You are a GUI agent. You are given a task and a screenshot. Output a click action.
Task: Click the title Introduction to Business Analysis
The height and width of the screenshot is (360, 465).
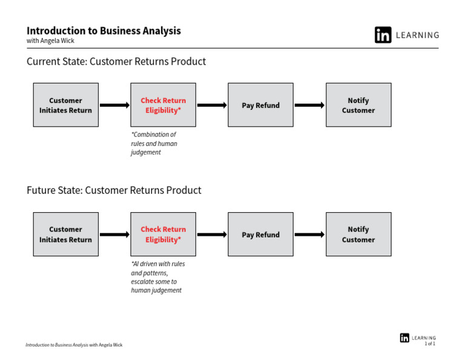click(x=104, y=31)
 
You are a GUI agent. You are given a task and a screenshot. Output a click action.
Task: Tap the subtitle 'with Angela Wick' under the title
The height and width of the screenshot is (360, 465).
click(x=50, y=41)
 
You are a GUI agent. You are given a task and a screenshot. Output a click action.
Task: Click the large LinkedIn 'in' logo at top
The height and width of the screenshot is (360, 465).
click(x=383, y=35)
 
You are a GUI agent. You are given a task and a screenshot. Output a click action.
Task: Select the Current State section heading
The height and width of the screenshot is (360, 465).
click(x=116, y=61)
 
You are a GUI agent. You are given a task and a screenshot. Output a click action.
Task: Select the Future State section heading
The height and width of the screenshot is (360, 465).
click(x=114, y=190)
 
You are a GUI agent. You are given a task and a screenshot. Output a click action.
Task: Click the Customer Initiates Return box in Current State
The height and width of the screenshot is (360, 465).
click(x=66, y=105)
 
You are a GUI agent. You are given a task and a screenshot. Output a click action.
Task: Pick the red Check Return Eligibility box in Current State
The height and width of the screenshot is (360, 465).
click(x=163, y=105)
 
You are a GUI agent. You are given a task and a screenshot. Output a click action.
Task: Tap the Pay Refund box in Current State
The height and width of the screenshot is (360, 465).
click(x=261, y=105)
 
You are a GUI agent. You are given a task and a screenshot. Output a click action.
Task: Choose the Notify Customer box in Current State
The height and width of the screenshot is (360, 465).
click(x=358, y=105)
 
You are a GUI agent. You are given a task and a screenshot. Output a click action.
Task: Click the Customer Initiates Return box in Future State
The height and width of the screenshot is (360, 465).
click(x=66, y=235)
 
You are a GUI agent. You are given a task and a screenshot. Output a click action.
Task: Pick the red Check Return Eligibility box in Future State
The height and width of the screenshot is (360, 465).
click(x=163, y=235)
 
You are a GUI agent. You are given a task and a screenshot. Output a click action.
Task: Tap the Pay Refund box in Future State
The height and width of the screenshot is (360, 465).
click(x=261, y=235)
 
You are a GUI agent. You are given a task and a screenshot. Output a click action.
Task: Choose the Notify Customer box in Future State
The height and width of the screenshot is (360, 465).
click(x=358, y=235)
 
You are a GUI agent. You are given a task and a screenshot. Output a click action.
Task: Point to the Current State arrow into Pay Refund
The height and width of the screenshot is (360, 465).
click(x=212, y=105)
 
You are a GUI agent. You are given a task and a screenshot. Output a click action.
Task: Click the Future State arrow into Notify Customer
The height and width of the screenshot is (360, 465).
click(x=309, y=235)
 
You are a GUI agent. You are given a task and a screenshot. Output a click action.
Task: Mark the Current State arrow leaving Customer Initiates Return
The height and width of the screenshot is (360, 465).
click(x=115, y=105)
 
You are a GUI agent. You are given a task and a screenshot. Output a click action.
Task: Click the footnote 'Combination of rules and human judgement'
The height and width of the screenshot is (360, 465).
click(x=154, y=144)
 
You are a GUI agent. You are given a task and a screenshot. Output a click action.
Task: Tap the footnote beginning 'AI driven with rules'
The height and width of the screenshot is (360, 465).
click(x=158, y=277)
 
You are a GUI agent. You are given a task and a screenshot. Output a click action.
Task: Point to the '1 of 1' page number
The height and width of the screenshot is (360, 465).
click(x=430, y=344)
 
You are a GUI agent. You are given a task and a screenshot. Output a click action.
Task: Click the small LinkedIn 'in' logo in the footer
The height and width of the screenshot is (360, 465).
click(x=404, y=338)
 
